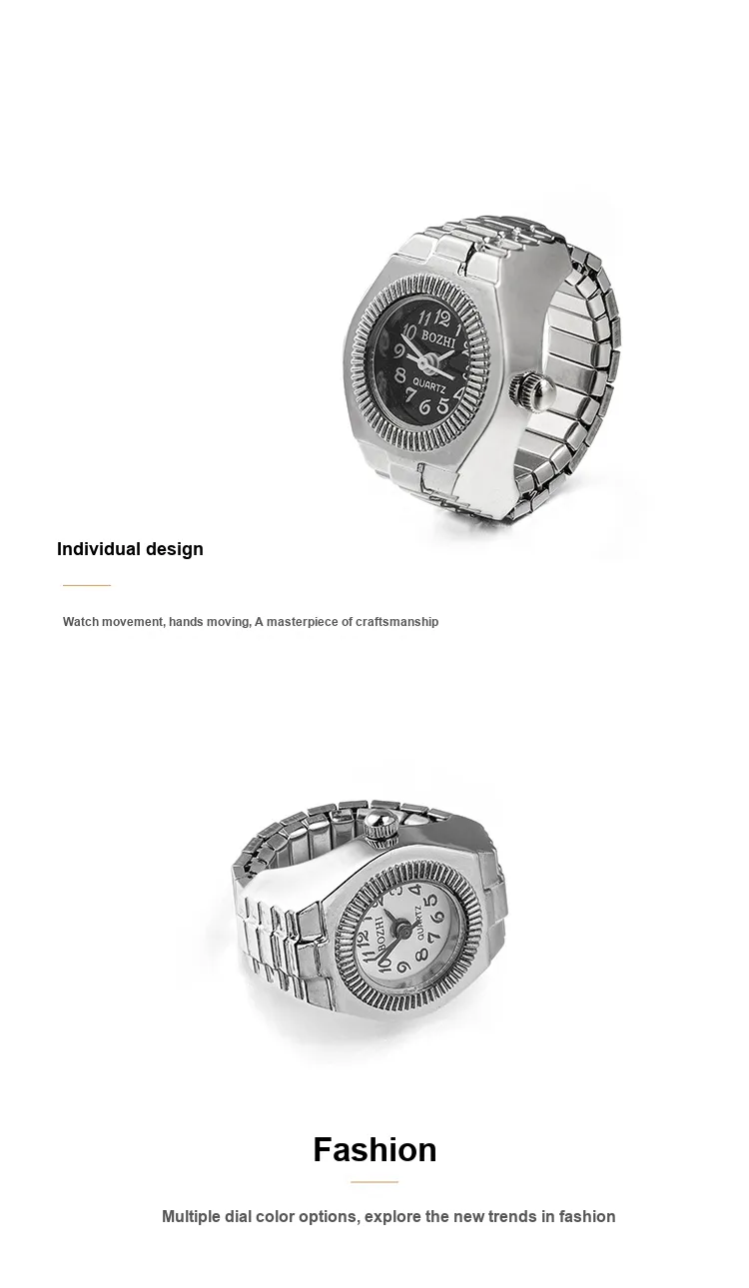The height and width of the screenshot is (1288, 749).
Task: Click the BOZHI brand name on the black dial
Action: pyautogui.click(x=438, y=339)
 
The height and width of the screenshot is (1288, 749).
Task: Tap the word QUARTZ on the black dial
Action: pyautogui.click(x=429, y=384)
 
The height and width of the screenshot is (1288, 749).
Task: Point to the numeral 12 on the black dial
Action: pyautogui.click(x=441, y=317)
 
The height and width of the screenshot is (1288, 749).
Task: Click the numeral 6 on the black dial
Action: pyautogui.click(x=425, y=406)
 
